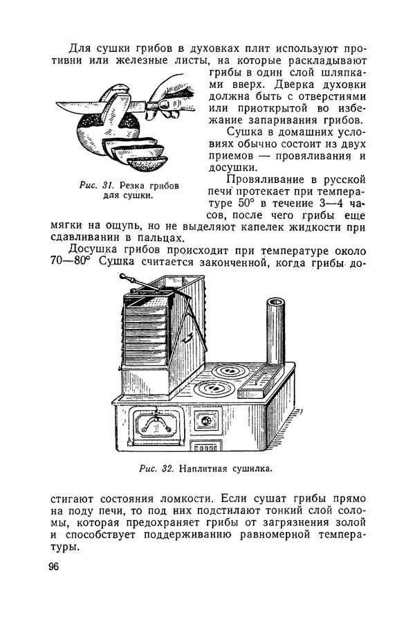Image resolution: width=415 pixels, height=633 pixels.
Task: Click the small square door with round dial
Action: (x=205, y=421)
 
